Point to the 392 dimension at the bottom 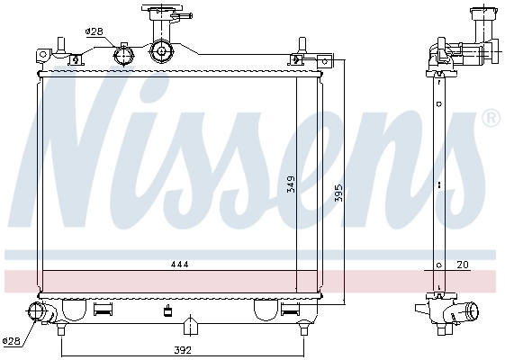pos(183,350)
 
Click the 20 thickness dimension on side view pos(463,265)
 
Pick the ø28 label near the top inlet pos(94,31)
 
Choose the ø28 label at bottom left pos(11,341)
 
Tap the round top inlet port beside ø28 pos(125,54)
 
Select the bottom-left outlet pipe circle pos(38,312)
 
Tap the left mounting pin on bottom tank pos(60,330)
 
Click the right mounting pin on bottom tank pos(303,330)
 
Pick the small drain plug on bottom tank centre pos(167,312)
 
